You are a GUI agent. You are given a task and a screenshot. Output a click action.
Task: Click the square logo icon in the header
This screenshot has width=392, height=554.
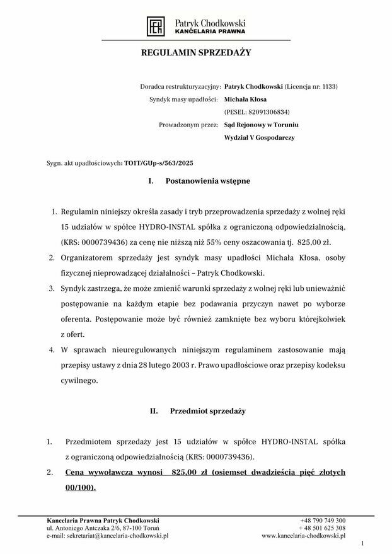[x=155, y=26]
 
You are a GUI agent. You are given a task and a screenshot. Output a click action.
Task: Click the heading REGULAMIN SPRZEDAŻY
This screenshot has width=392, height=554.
[x=196, y=53]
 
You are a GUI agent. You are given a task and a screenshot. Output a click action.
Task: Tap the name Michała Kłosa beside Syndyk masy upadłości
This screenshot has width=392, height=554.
[x=246, y=99]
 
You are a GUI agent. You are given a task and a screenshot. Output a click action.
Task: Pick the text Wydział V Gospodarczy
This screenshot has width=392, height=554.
[x=259, y=137]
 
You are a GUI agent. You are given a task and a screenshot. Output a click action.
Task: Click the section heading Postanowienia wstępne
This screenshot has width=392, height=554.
[x=207, y=181]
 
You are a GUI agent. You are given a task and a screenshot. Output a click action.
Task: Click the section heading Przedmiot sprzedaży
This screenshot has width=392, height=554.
[x=207, y=411]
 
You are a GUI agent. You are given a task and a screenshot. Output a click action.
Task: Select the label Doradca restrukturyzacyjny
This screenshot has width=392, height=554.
[x=180, y=87]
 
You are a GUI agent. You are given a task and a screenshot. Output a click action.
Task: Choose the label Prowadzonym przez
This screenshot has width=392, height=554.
[x=189, y=125]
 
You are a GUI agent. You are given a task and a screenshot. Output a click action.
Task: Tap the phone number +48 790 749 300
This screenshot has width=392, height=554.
[x=323, y=521]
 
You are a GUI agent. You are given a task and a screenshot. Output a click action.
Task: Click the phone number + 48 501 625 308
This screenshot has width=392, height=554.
[x=322, y=528]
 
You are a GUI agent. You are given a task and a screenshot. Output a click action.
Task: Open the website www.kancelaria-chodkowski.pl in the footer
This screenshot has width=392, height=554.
[x=303, y=536]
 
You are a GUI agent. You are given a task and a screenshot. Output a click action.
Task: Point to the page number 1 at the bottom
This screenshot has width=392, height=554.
[x=363, y=543]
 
